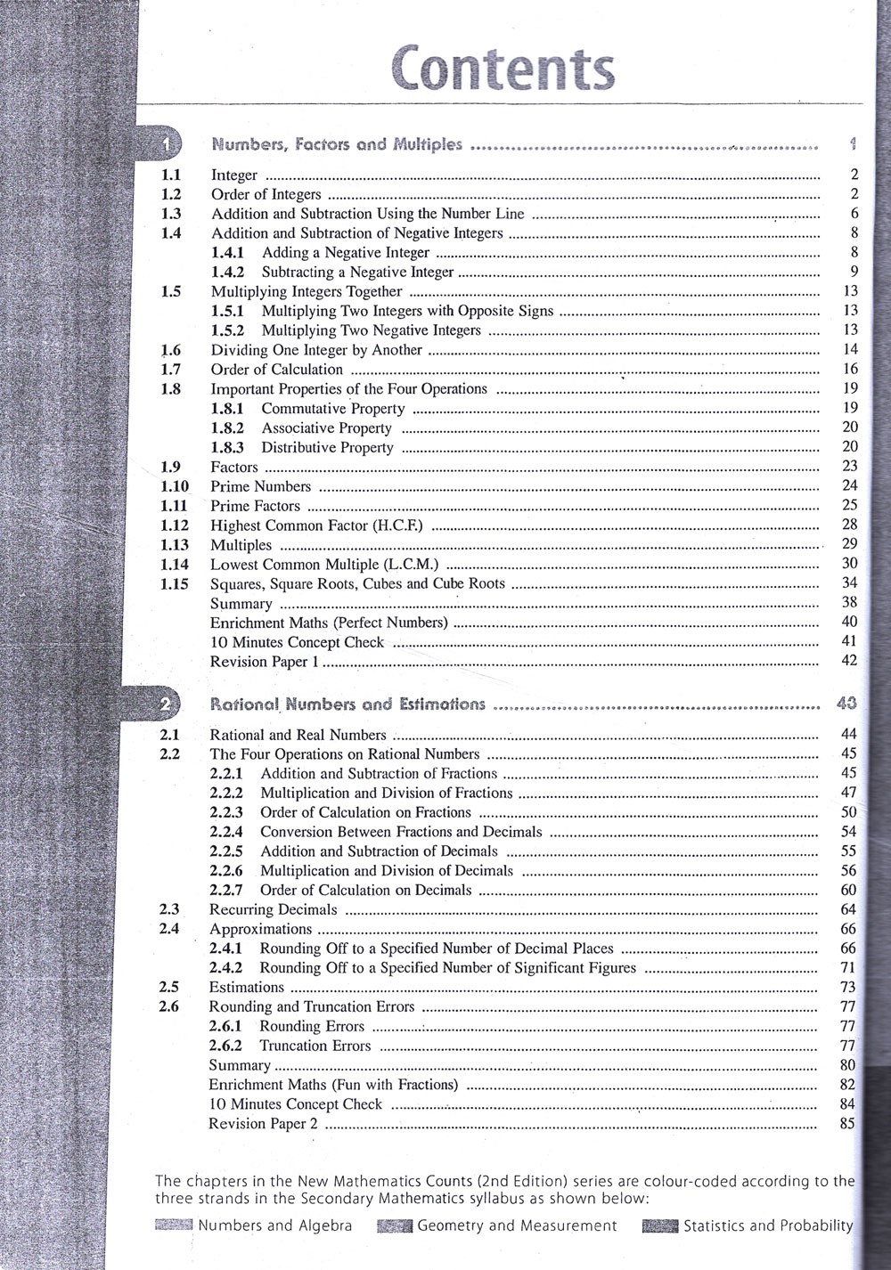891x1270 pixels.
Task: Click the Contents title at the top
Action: coord(503,69)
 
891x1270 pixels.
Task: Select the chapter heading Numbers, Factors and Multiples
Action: coord(337,143)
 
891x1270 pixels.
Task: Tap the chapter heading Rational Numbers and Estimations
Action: coord(347,704)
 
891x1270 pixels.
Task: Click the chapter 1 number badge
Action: coord(167,143)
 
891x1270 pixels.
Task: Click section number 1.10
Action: coord(174,486)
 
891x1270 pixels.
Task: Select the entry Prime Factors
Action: coord(255,506)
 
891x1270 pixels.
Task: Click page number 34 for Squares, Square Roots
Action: coord(849,583)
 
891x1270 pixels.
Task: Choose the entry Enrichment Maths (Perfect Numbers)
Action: coord(329,623)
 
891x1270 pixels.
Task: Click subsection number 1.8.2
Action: coord(227,428)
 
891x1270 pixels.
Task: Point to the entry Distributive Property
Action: coord(327,448)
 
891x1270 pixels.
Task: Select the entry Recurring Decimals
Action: coord(273,909)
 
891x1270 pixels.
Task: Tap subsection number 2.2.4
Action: coord(226,832)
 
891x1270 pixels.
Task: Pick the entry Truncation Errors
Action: coord(315,1046)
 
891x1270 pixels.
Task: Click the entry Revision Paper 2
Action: coord(263,1123)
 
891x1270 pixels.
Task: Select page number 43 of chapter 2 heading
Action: coord(847,704)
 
